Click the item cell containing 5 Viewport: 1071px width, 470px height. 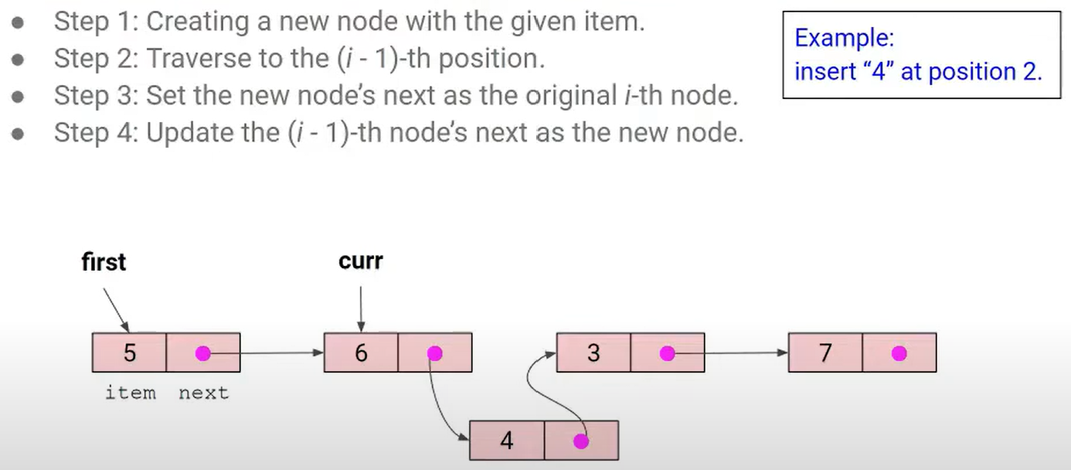pos(129,353)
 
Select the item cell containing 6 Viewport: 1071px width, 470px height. pos(361,353)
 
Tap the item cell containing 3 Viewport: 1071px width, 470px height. pos(593,353)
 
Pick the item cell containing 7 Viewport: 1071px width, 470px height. pos(825,353)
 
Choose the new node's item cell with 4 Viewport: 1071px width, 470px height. pos(507,441)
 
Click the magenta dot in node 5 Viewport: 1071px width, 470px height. pos(202,353)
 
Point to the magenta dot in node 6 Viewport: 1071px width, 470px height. pos(434,353)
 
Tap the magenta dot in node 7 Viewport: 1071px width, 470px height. pos(899,353)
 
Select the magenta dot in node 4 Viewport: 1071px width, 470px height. pos(581,441)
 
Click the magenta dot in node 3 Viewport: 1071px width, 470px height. pos(668,353)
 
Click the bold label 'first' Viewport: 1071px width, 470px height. pos(104,263)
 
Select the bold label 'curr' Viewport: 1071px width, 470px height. pos(360,261)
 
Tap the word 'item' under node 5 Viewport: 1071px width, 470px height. pos(130,393)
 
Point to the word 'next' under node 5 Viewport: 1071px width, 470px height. pos(203,393)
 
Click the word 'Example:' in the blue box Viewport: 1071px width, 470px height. pos(844,38)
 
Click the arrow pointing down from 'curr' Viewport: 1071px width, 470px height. pos(360,308)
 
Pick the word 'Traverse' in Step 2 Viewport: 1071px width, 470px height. pos(197,59)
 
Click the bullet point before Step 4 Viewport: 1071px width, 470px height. pos(18,133)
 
